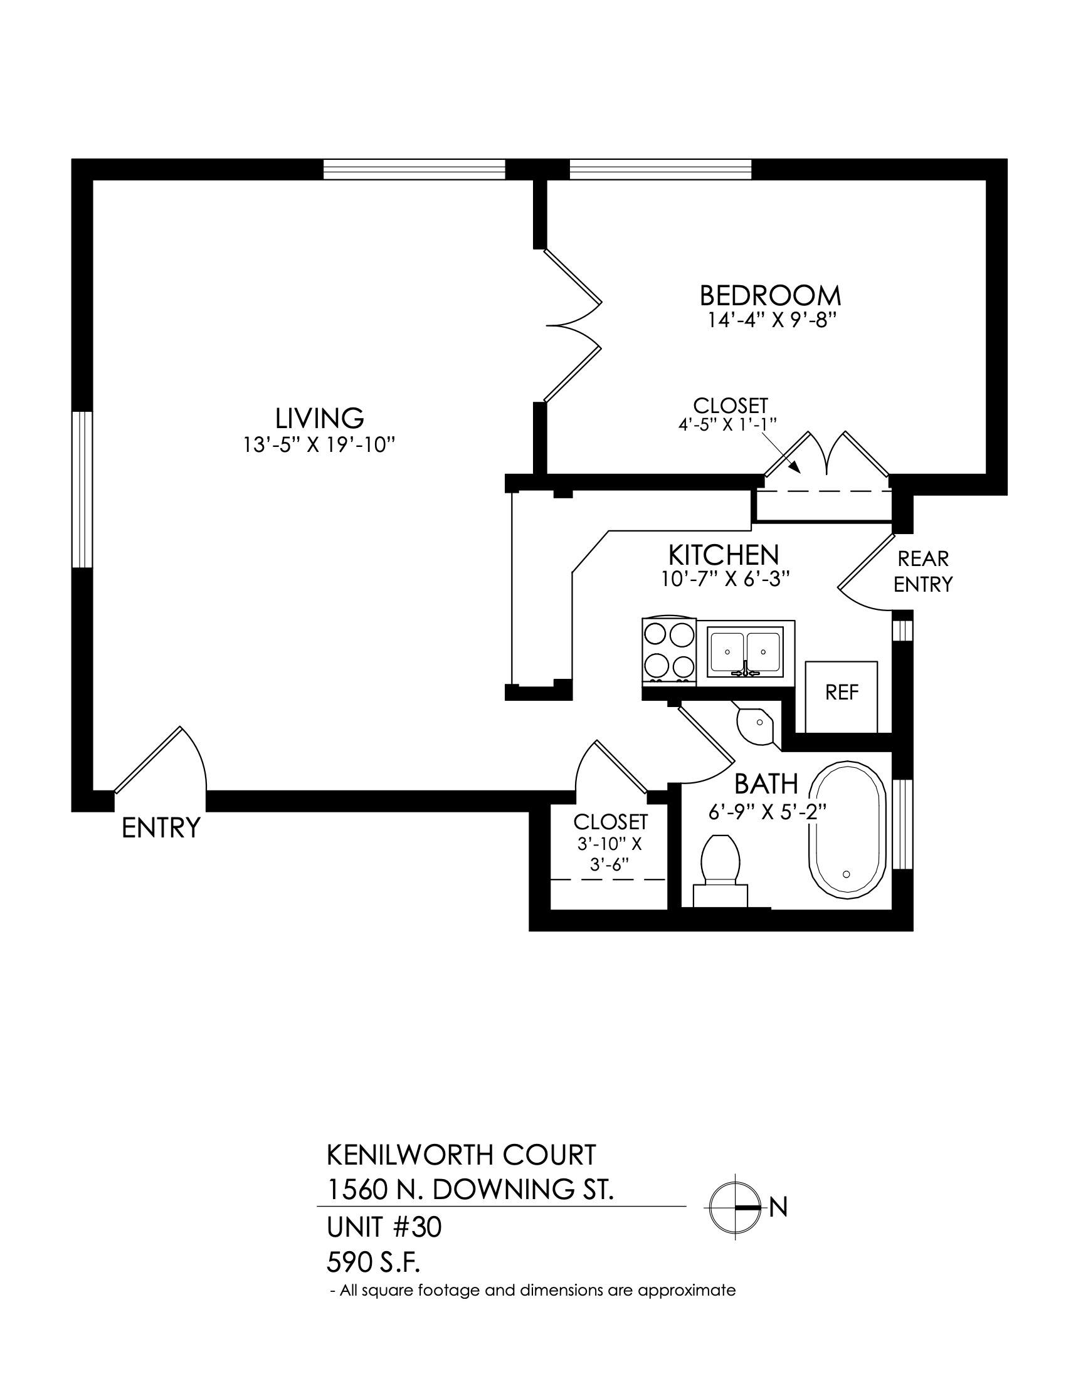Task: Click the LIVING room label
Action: pos(320,418)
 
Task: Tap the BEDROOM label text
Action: pos(771,295)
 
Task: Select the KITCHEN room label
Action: pos(724,555)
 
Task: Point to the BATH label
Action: pos(766,784)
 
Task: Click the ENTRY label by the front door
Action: pos(161,828)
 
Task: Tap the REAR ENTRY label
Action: pos(922,572)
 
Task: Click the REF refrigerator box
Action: pos(842,696)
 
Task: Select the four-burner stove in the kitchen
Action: pos(669,652)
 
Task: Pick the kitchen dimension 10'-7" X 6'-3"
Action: pos(726,580)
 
